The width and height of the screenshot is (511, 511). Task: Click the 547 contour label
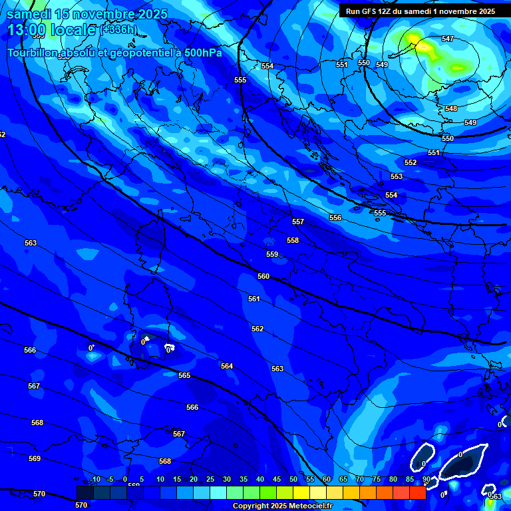click(448, 39)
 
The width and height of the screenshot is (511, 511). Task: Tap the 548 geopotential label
click(451, 108)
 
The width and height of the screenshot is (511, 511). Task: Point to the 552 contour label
click(411, 163)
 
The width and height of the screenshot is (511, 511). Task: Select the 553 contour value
click(397, 176)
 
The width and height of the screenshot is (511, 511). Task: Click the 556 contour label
click(335, 218)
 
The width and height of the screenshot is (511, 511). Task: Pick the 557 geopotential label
click(298, 222)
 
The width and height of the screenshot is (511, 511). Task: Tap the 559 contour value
click(272, 254)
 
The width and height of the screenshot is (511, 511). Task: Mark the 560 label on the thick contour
click(263, 276)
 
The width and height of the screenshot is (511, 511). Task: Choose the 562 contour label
click(257, 329)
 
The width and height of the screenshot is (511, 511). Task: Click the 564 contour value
click(227, 366)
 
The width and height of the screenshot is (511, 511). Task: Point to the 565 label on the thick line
click(184, 375)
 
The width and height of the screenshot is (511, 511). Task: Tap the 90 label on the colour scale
click(426, 479)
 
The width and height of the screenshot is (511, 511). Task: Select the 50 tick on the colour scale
click(293, 479)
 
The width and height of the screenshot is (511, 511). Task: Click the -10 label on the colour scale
click(94, 479)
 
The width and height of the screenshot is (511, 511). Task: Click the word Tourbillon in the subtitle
click(33, 53)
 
